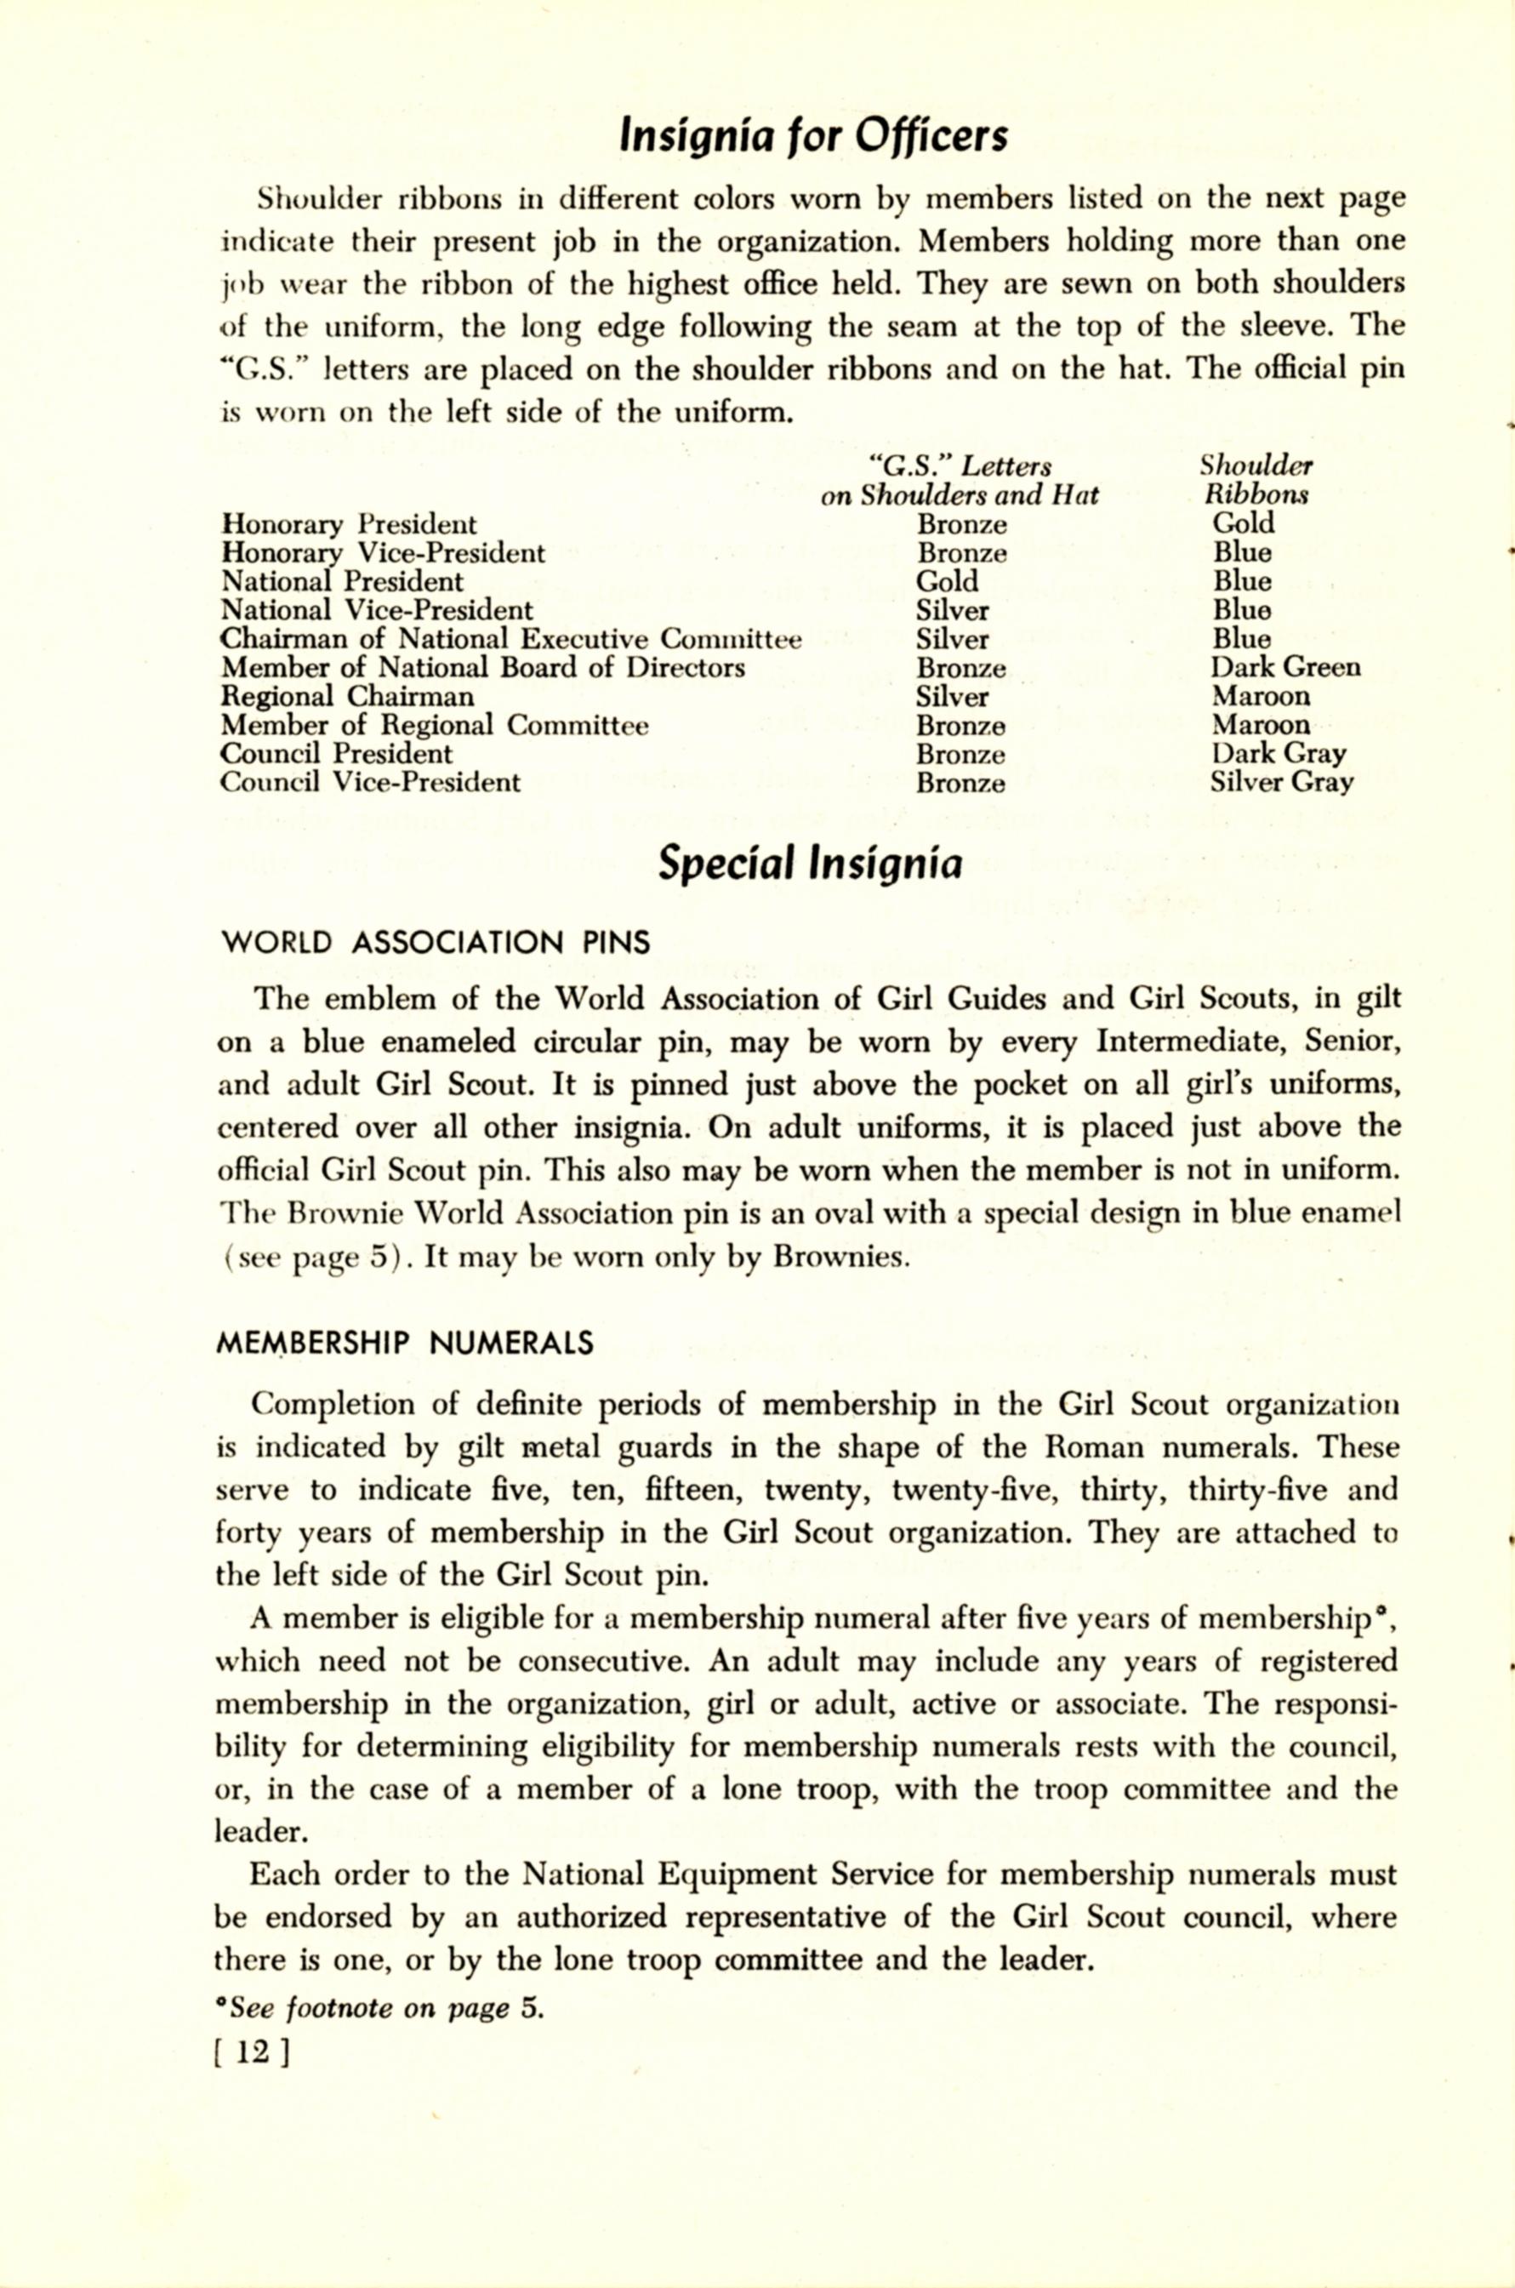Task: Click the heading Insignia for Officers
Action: (812, 136)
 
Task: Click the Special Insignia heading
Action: (810, 863)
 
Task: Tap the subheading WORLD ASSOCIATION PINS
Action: (436, 942)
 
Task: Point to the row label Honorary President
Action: (349, 525)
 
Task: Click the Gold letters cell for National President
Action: (947, 582)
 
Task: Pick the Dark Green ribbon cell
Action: (1285, 668)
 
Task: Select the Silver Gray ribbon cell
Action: (1281, 782)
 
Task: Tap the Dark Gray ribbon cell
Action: (1279, 754)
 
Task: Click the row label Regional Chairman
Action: (348, 697)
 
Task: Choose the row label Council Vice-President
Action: (370, 782)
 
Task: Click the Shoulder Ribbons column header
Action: (1256, 480)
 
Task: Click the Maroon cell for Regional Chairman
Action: (1261, 697)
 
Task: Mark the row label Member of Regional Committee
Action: (435, 725)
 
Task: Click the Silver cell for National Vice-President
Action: (953, 611)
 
